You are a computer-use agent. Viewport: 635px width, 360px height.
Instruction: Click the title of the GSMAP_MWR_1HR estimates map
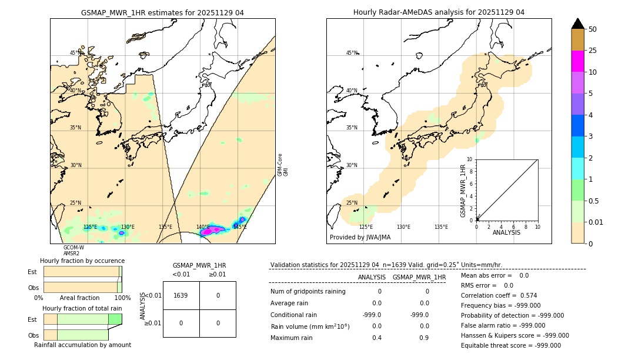click(x=162, y=12)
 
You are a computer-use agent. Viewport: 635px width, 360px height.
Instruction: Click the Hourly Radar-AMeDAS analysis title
click(x=439, y=12)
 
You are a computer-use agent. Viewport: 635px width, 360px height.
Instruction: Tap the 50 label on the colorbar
click(x=593, y=29)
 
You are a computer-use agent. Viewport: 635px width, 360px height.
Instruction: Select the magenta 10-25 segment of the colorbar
click(x=578, y=61)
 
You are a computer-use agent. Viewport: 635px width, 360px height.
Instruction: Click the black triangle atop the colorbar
click(x=578, y=24)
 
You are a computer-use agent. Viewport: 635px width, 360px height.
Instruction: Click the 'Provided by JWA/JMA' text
click(x=360, y=238)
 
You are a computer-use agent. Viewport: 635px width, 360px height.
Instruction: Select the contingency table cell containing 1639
click(x=181, y=295)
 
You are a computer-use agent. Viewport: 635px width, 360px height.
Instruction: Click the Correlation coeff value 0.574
click(x=524, y=296)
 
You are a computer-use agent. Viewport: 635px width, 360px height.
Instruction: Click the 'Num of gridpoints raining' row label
click(x=308, y=292)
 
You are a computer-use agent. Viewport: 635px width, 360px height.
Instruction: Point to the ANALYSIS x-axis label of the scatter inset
click(x=507, y=233)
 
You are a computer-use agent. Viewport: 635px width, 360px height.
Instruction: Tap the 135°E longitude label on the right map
click(x=441, y=227)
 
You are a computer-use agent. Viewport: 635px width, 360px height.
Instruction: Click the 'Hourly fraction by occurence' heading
click(x=82, y=261)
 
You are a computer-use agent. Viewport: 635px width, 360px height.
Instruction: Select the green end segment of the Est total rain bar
click(x=115, y=319)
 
